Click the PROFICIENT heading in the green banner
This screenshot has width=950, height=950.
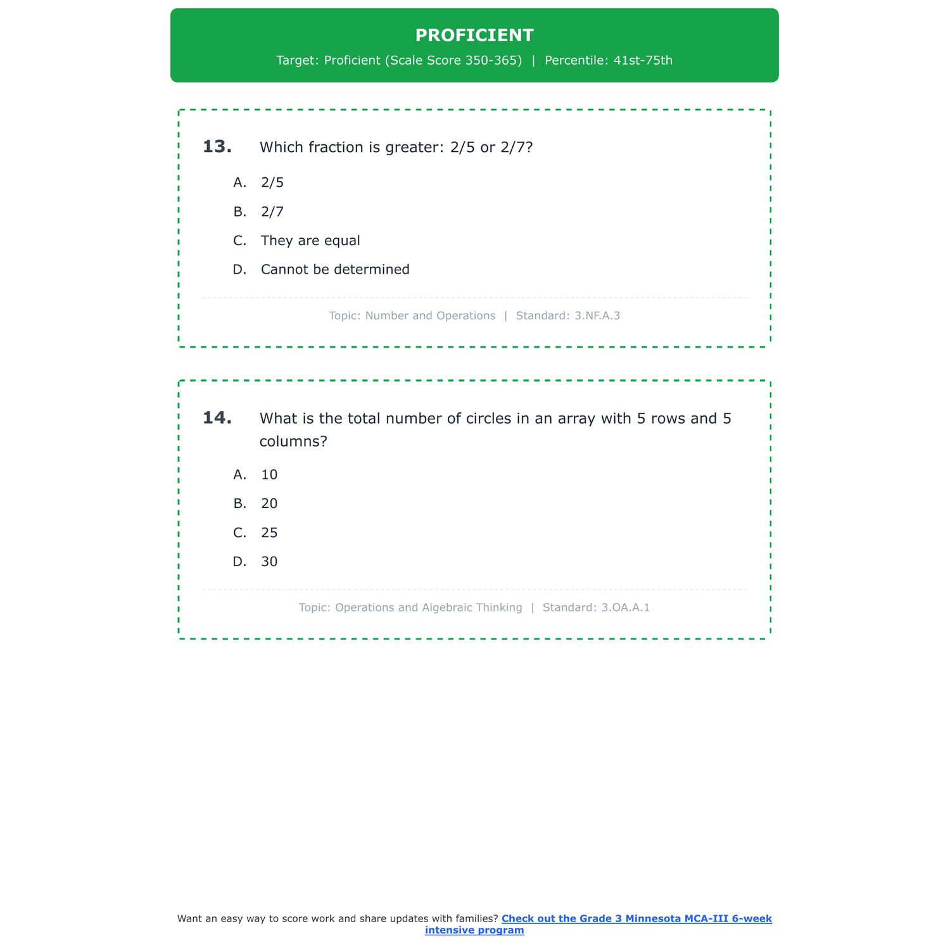(x=474, y=35)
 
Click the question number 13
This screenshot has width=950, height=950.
(x=217, y=147)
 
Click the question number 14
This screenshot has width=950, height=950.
(x=217, y=418)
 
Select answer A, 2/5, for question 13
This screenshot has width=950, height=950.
(x=272, y=182)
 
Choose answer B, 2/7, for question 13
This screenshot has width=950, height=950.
(x=272, y=212)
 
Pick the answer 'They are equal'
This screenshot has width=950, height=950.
(x=310, y=241)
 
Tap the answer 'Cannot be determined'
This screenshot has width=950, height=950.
(x=335, y=270)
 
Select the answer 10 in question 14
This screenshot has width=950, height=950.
(x=269, y=475)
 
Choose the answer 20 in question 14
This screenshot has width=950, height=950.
(x=269, y=503)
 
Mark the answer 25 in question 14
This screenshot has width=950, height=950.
(x=269, y=533)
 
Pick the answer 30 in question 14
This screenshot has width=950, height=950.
(x=269, y=562)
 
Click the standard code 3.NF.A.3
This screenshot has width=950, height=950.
(x=597, y=315)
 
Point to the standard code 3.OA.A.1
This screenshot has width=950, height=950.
(x=625, y=607)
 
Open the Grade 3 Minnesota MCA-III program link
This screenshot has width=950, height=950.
(x=636, y=919)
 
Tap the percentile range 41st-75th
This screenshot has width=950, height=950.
(x=643, y=61)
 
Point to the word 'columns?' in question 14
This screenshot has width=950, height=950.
(x=293, y=441)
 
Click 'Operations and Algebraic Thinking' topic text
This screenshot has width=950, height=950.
(x=428, y=607)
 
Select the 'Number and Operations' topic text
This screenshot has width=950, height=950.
(x=430, y=315)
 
